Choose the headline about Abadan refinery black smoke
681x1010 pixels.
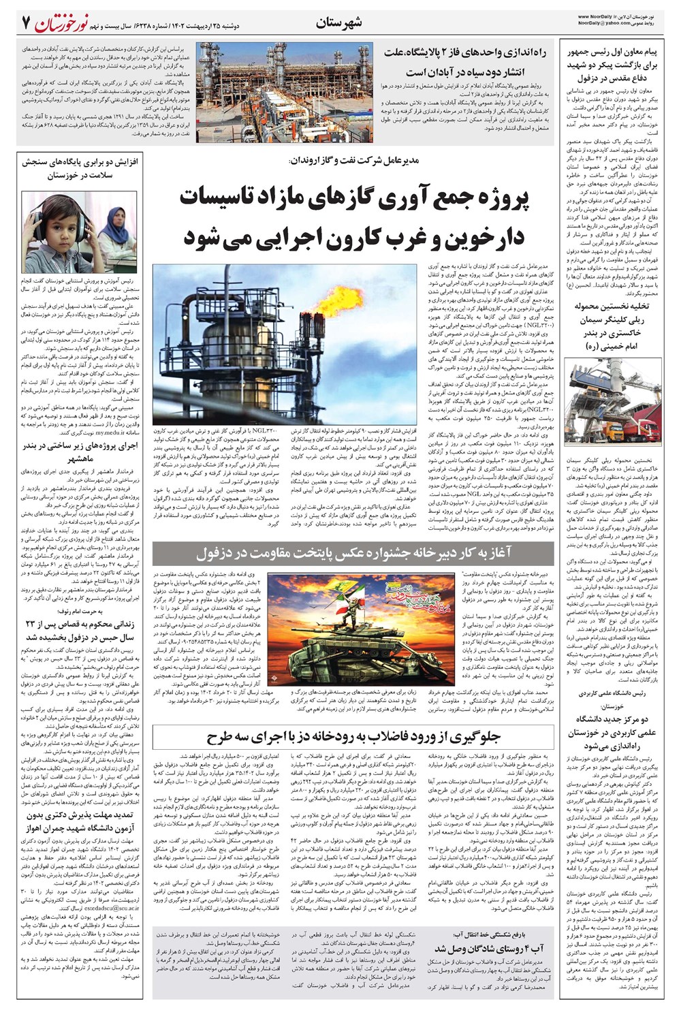pyautogui.click(x=463, y=61)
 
